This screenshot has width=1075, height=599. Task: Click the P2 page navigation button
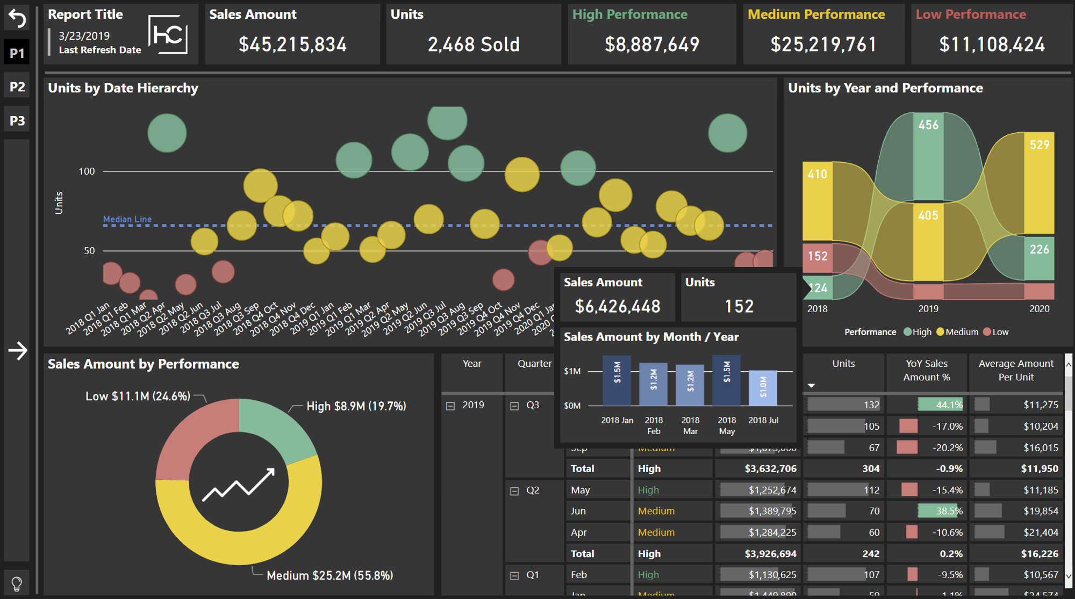pos(17,86)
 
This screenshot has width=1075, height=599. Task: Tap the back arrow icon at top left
pos(17,19)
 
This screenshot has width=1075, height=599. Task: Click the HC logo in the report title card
pos(168,34)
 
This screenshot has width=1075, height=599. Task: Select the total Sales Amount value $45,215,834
pos(292,45)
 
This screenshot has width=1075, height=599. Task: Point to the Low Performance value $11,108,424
pos(992,45)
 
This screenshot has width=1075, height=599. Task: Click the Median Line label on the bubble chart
pos(127,219)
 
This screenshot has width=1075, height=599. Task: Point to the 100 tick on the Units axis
pos(87,171)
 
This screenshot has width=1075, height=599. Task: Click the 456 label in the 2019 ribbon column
pos(928,125)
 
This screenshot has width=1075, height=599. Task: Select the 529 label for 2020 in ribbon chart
pos(1040,145)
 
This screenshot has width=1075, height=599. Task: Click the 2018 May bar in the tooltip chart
pos(726,380)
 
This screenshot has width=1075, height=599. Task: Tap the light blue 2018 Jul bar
pos(763,387)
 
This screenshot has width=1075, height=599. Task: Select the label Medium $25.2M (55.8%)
pos(329,575)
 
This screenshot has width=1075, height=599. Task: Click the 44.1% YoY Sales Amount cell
pos(941,405)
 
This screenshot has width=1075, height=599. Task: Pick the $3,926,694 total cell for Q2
pos(770,553)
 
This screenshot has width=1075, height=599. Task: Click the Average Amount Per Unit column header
pos(1015,370)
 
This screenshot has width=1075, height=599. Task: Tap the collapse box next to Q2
pos(514,491)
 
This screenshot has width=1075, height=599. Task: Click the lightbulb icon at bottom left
pos(17,583)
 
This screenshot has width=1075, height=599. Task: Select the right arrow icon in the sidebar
pos(17,351)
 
